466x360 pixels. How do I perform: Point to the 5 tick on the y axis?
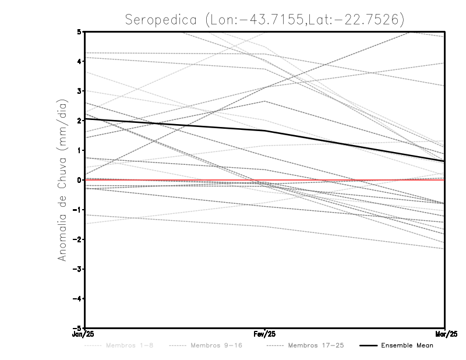[x=79, y=31]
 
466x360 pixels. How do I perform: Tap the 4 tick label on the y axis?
[x=79, y=61]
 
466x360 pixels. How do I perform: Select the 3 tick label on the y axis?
[x=79, y=91]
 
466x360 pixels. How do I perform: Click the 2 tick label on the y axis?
[x=79, y=121]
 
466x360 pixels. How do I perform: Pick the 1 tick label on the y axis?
[x=79, y=150]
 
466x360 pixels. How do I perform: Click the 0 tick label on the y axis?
[x=79, y=180]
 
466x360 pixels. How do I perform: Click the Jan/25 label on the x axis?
[x=84, y=334]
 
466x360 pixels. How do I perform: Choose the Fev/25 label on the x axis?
[x=264, y=334]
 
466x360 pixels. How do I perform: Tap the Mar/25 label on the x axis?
[x=445, y=334]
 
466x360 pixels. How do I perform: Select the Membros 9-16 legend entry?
[x=216, y=345]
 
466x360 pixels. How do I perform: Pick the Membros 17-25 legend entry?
[x=316, y=345]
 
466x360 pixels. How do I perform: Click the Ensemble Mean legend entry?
[x=408, y=345]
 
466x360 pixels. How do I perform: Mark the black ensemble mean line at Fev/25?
[x=264, y=131]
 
